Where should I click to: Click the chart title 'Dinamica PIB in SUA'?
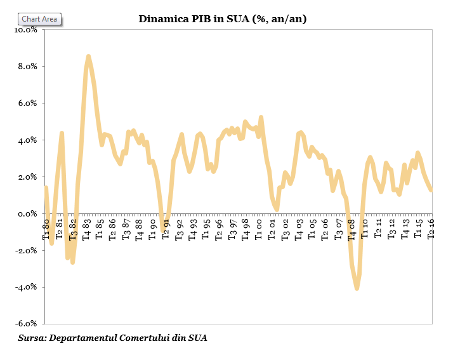click(x=223, y=19)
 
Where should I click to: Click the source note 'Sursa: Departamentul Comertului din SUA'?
click(x=113, y=338)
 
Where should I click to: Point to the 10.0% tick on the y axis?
click(x=26, y=29)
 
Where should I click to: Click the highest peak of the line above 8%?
click(x=88, y=57)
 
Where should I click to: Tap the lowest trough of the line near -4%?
click(x=357, y=288)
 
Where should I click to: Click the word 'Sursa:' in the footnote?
click(x=32, y=338)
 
